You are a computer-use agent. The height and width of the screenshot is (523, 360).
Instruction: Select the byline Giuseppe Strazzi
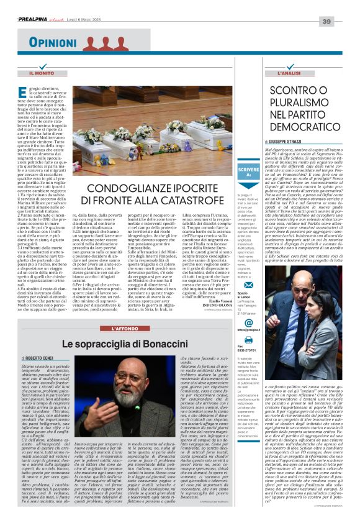(x=283, y=142)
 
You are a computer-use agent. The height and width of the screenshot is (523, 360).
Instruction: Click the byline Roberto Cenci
(x=38, y=359)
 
